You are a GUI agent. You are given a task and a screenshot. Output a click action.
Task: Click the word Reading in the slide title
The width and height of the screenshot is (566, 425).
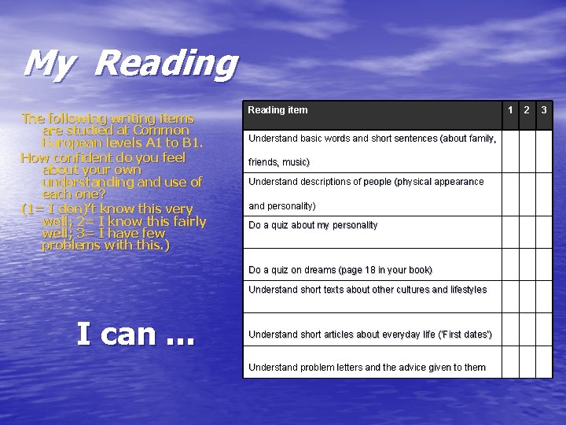[x=165, y=65]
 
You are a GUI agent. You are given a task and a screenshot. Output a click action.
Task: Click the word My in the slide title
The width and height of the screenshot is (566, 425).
[x=48, y=65]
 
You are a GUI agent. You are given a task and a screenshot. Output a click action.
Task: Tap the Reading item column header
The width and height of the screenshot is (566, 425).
[x=277, y=110]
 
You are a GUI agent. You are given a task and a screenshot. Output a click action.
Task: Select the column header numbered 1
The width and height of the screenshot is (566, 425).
[x=509, y=109]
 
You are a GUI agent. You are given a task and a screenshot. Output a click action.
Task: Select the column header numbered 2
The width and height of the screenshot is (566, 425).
[x=527, y=109]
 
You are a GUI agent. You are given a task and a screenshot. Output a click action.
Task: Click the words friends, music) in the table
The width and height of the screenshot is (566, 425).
[x=278, y=163]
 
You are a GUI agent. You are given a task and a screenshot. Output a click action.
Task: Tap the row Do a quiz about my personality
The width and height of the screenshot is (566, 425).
[x=313, y=225]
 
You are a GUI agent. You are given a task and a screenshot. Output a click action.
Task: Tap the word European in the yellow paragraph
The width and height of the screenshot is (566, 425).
[x=67, y=143]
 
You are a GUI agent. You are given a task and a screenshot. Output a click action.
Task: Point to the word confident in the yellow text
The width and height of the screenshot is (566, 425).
[x=86, y=157]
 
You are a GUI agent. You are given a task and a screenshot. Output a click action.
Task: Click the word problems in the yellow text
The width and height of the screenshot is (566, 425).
[x=70, y=246]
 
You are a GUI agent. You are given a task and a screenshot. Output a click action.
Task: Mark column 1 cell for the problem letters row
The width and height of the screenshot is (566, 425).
[x=511, y=364]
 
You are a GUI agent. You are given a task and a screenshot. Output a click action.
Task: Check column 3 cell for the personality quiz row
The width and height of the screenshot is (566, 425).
[x=544, y=232]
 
